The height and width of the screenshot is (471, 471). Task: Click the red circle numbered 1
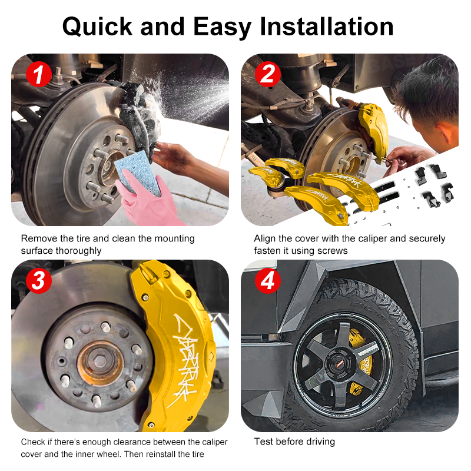pyautogui.click(x=38, y=74)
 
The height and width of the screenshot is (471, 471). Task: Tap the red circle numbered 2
pyautogui.click(x=268, y=74)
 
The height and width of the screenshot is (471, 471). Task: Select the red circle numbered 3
pyautogui.click(x=39, y=281)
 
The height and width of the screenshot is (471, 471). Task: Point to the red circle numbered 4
pyautogui.click(x=268, y=281)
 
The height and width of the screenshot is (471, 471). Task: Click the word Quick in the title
pyautogui.click(x=97, y=26)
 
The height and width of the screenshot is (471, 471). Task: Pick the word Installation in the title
pyautogui.click(x=327, y=26)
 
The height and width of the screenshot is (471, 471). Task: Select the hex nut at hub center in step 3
pyautogui.click(x=100, y=362)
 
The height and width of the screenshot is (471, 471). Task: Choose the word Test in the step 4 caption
pyautogui.click(x=263, y=442)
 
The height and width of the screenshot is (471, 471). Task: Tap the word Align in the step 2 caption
pyautogui.click(x=264, y=238)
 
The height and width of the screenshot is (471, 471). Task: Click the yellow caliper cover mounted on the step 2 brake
pyautogui.click(x=373, y=131)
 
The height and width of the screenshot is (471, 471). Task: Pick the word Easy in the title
pyautogui.click(x=222, y=27)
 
